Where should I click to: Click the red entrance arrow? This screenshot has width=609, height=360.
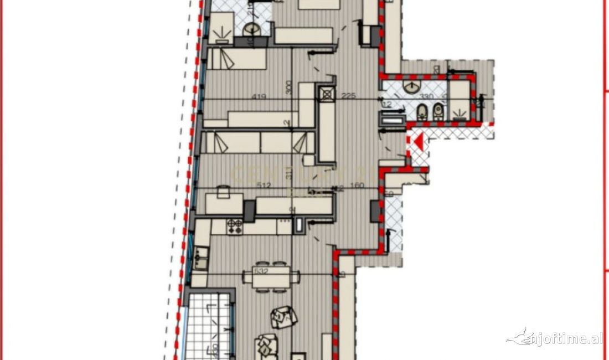click(x=420, y=143)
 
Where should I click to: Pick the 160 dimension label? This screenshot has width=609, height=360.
click(x=357, y=186)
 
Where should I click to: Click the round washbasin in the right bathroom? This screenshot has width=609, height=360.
click(x=411, y=86)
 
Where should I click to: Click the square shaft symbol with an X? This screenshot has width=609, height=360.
click(x=327, y=94)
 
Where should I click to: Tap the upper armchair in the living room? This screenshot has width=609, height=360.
click(x=284, y=317)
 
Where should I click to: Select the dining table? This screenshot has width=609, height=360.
click(x=271, y=277)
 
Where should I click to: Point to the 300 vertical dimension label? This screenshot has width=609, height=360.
click(x=288, y=88)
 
